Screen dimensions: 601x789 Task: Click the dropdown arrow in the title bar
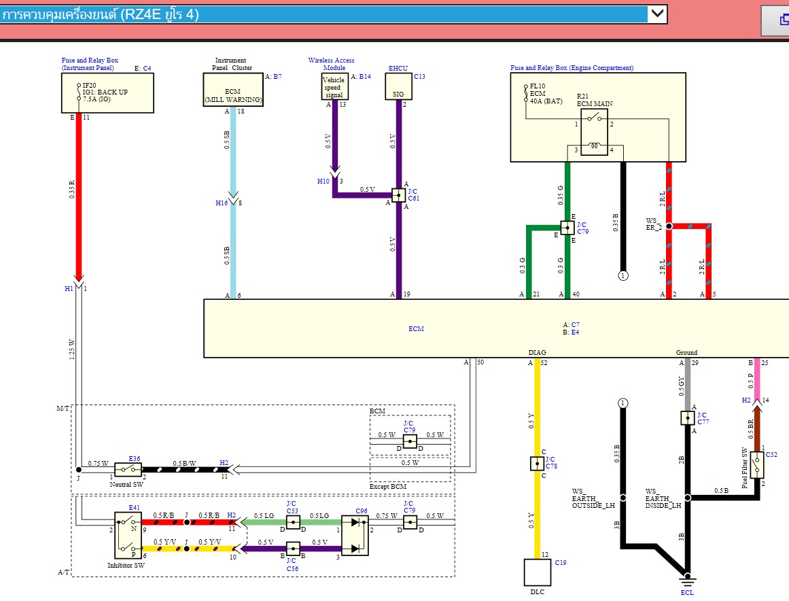[x=656, y=14]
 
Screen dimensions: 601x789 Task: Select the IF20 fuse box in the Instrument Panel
[x=107, y=92]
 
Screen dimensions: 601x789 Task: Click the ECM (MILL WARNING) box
[x=233, y=90]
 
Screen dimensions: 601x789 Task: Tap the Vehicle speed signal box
[x=334, y=87]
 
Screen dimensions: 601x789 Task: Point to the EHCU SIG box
[x=399, y=86]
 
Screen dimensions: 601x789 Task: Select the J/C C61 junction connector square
[x=399, y=195]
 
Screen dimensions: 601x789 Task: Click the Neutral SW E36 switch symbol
[x=128, y=469]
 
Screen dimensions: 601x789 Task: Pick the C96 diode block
[x=355, y=535]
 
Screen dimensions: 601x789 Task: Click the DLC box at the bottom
[x=537, y=572]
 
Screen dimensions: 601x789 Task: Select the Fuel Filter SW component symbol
[x=757, y=465]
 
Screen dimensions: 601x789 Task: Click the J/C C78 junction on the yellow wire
[x=537, y=464]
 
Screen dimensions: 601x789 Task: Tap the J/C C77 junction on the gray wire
[x=687, y=417]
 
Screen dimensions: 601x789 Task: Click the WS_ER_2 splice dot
[x=669, y=226]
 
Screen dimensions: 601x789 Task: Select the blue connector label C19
[x=560, y=562]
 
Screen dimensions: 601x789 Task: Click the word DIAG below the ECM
[x=537, y=353]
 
